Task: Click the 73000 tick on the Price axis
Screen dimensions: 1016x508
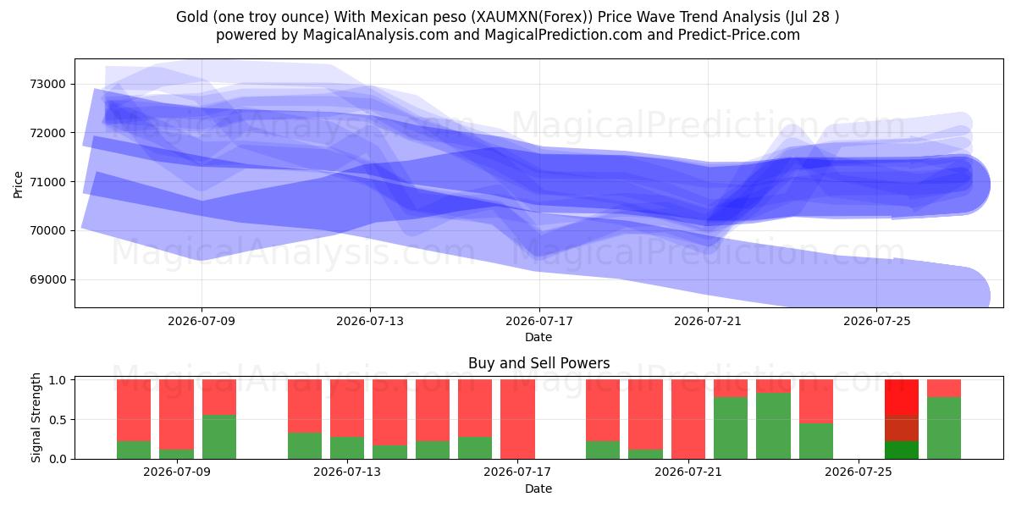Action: click(x=47, y=84)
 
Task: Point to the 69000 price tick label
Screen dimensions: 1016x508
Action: click(x=47, y=279)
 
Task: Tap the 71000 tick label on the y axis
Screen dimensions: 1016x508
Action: click(x=47, y=182)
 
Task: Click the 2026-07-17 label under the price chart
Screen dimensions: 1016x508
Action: click(x=539, y=321)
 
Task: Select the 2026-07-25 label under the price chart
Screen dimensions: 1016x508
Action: click(x=877, y=321)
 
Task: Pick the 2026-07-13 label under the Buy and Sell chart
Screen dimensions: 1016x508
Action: click(x=347, y=472)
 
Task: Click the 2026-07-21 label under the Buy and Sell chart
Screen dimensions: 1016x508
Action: click(x=688, y=472)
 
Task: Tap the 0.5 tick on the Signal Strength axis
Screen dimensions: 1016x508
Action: click(x=58, y=420)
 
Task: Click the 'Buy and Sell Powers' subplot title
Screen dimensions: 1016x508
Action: click(x=538, y=363)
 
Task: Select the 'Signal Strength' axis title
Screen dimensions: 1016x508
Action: click(x=36, y=417)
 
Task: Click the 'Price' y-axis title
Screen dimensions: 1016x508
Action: click(x=18, y=185)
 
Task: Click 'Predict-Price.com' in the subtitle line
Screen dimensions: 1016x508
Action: click(x=739, y=35)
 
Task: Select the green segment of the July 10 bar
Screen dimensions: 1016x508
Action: click(x=219, y=437)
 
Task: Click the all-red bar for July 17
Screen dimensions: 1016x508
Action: click(x=517, y=419)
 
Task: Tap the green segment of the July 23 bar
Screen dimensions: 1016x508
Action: click(x=773, y=426)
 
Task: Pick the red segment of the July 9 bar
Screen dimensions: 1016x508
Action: click(x=176, y=415)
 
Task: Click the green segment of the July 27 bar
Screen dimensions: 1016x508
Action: click(x=944, y=428)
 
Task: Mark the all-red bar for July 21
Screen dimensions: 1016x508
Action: click(x=688, y=419)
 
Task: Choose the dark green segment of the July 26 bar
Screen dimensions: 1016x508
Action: click(x=902, y=450)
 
